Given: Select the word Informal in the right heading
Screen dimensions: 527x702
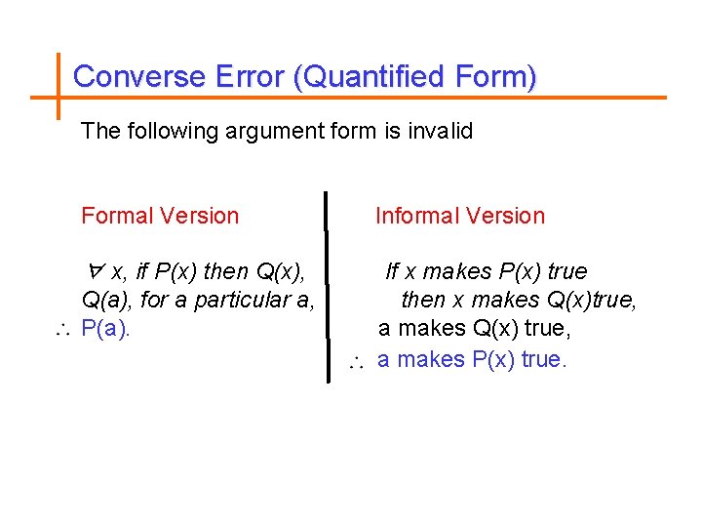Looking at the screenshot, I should [416, 216].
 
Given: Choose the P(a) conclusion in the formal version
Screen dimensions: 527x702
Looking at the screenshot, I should [105, 328].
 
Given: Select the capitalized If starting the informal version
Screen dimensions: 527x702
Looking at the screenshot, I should [393, 270].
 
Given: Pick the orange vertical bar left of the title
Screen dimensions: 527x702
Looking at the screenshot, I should [58, 83].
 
